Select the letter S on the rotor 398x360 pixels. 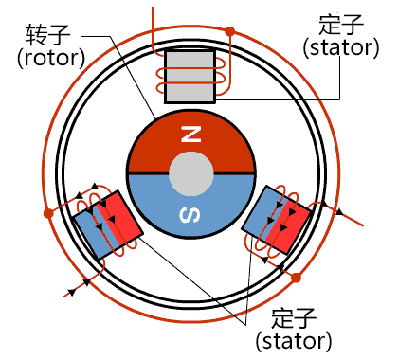point(190,217)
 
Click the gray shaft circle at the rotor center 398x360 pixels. point(190,174)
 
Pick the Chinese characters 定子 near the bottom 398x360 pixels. point(294,318)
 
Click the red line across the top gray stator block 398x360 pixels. point(191,82)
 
